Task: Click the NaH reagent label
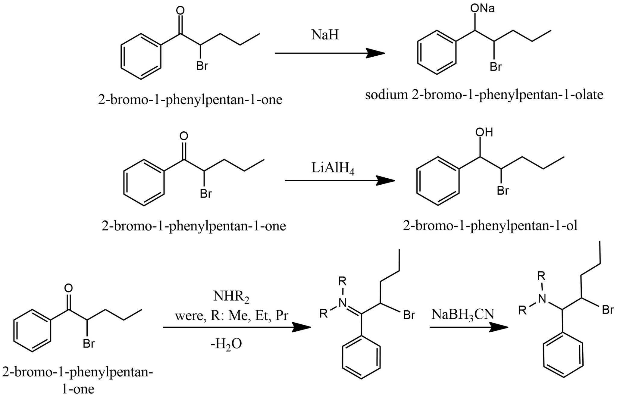tap(325, 35)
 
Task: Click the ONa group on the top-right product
tap(482, 9)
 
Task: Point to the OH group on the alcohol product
tap(484, 132)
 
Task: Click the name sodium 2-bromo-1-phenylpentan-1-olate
tap(484, 95)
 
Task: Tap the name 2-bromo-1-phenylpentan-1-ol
tap(490, 226)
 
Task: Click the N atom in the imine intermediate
tap(342, 303)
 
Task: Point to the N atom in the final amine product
tap(542, 298)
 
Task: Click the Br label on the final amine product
tap(608, 310)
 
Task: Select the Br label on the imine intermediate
tap(409, 315)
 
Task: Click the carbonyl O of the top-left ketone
tap(180, 11)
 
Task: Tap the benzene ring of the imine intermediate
tap(361, 360)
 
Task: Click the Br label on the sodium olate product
tap(495, 67)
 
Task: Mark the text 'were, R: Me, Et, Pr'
tap(232, 316)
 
